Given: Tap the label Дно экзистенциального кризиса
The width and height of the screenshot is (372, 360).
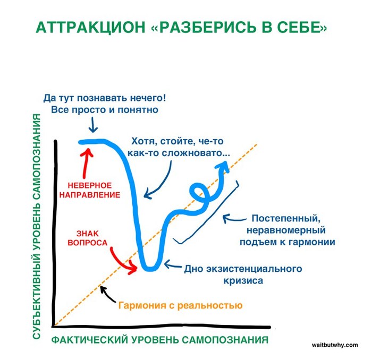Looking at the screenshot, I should pyautogui.click(x=243, y=274).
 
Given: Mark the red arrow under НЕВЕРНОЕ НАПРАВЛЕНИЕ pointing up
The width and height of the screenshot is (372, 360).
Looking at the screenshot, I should pyautogui.click(x=86, y=162).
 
